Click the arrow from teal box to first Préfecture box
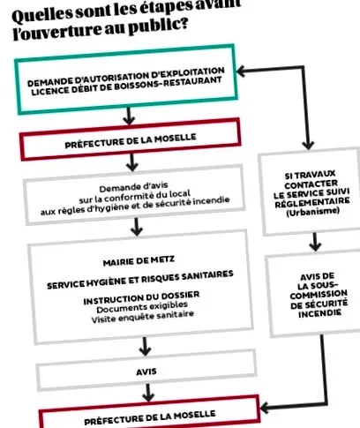[x=129, y=116]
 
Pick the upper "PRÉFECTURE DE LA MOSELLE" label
[x=131, y=141]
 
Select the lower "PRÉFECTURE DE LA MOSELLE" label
[x=150, y=417]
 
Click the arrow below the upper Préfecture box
[x=132, y=162]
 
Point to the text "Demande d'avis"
[x=133, y=187]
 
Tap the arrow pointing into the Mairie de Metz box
[x=137, y=227]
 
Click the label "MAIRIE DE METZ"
[x=139, y=260]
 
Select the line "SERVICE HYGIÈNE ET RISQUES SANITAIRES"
[x=140, y=280]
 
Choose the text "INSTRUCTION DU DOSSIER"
[x=141, y=297]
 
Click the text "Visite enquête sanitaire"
[x=142, y=317]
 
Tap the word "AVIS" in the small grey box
[x=146, y=372]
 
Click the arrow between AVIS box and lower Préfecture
[x=148, y=393]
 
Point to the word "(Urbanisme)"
[x=312, y=212]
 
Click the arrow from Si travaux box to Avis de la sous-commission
[x=315, y=242]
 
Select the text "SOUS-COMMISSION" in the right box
[x=319, y=289]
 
